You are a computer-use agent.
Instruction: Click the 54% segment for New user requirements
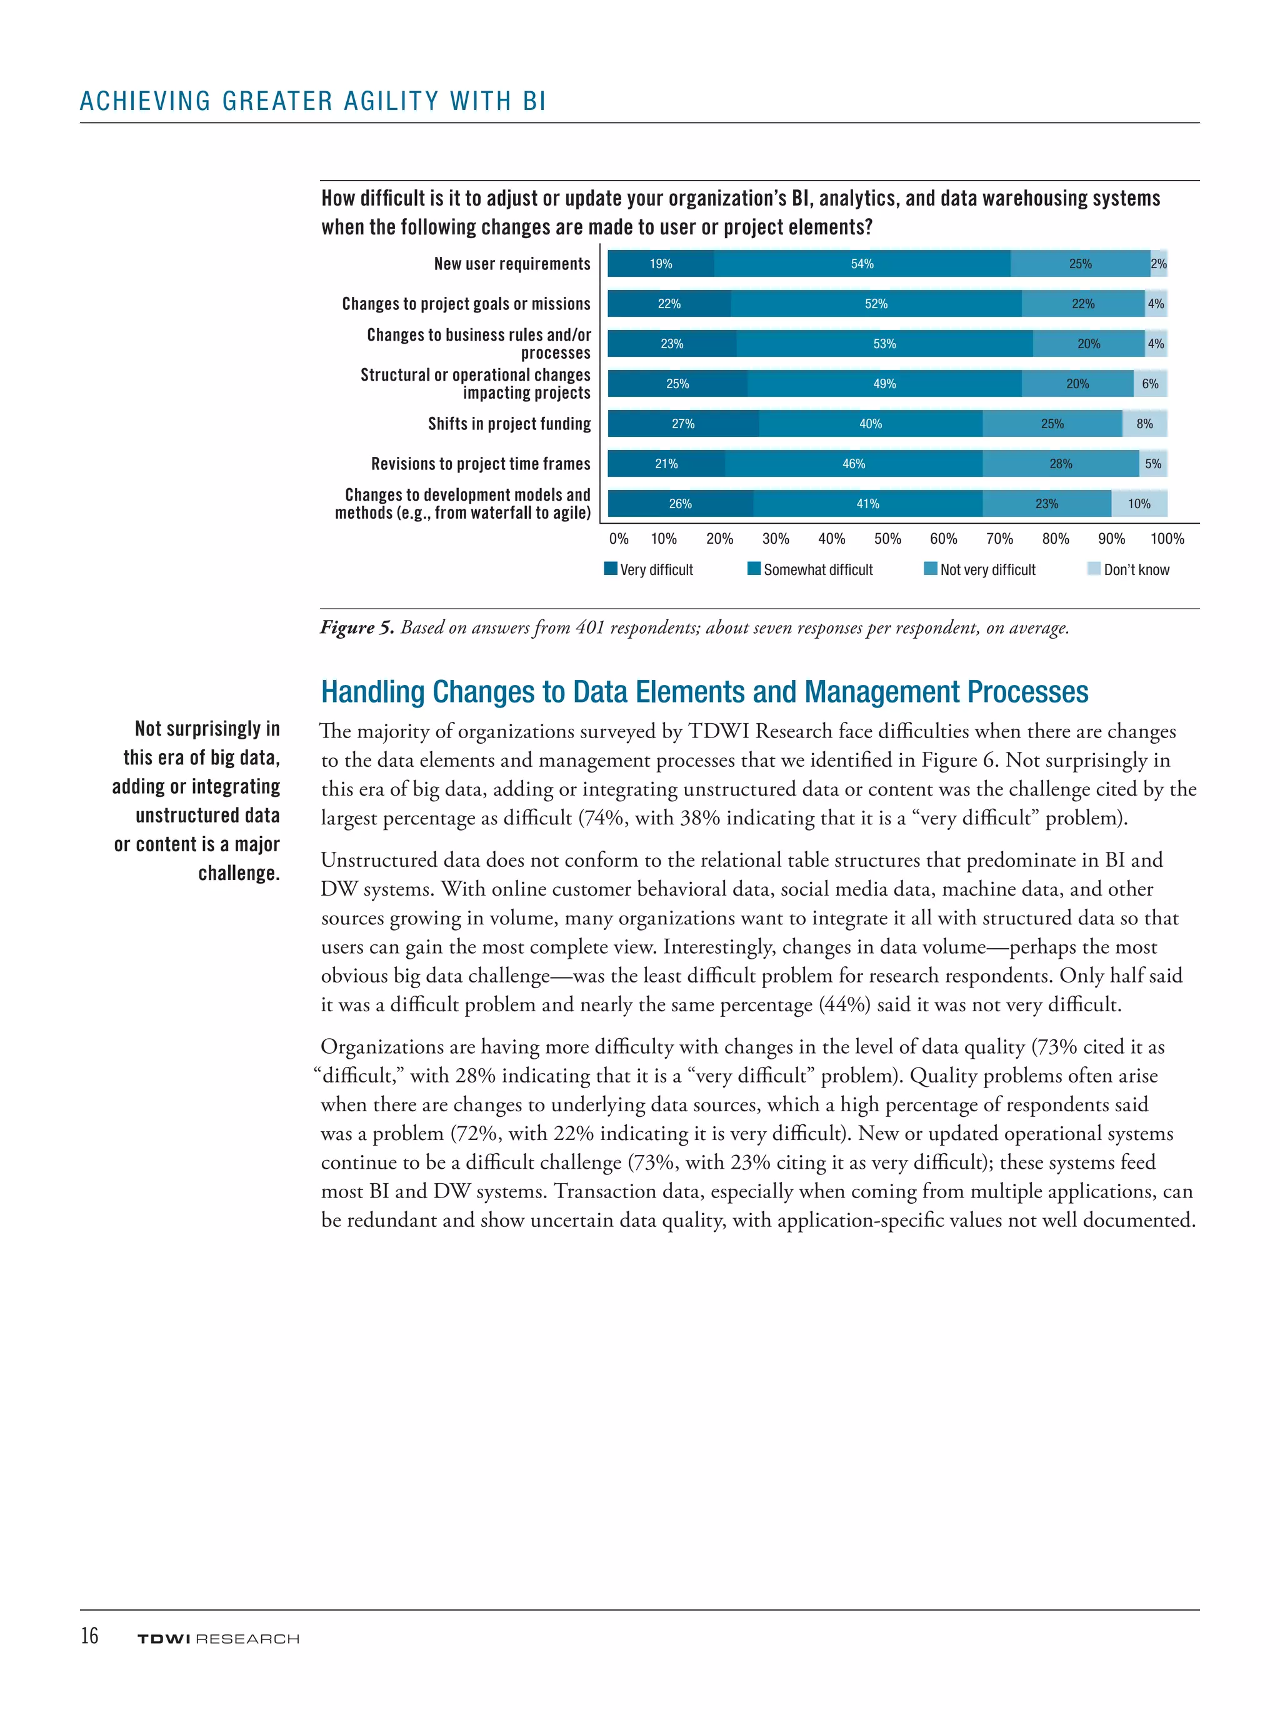point(862,264)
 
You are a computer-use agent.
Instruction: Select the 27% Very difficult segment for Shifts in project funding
point(682,424)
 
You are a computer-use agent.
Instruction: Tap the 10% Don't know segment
point(1138,504)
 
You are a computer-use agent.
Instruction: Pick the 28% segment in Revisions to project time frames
point(1060,464)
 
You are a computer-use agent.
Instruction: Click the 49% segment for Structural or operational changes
point(884,384)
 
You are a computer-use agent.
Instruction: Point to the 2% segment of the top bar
point(1157,264)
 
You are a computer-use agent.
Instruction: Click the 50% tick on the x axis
point(887,539)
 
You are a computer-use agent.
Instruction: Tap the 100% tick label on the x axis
point(1166,539)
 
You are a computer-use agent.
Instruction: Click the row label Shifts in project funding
point(509,424)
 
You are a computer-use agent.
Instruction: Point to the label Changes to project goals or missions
point(466,304)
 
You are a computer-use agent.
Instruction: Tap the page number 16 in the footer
point(90,1636)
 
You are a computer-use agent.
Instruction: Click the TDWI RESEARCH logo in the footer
point(217,1639)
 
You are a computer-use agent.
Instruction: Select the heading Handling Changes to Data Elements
point(704,692)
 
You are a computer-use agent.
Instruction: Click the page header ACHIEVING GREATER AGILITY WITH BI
point(313,101)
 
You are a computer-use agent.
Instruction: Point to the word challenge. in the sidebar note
point(239,873)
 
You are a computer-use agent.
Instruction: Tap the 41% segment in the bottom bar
point(867,504)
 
